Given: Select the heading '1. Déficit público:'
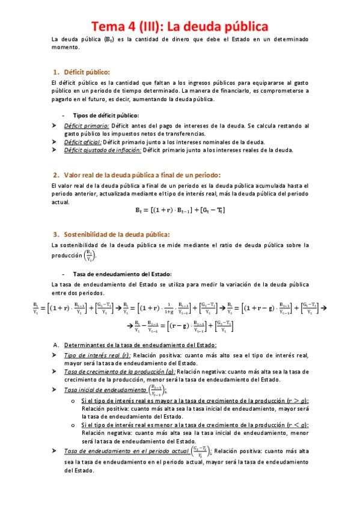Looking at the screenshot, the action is click(82, 72).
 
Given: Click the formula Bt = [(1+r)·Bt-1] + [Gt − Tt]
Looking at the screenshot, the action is click(180, 210).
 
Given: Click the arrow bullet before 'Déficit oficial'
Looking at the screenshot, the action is click(55, 142).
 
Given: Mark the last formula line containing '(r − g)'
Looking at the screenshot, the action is click(180, 327).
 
